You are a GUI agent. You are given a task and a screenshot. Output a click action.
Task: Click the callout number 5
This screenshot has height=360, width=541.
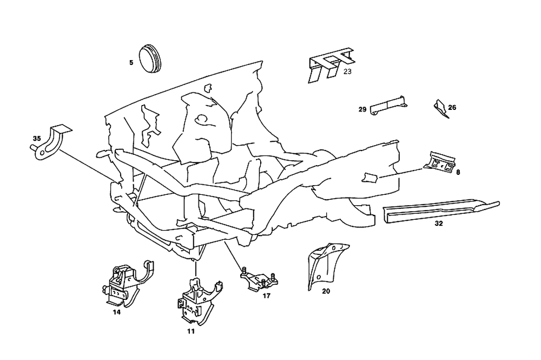pos(131,63)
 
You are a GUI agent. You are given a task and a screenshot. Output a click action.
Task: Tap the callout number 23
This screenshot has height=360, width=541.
pos(347,71)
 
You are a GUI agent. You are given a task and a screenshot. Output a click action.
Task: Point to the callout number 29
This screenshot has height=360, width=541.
pos(362,109)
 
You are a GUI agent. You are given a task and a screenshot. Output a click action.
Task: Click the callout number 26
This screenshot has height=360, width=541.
pos(452,107)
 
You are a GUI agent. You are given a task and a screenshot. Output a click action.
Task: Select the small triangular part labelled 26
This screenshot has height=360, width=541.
pos(440,108)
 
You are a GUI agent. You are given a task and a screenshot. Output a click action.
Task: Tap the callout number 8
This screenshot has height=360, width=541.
pos(458,173)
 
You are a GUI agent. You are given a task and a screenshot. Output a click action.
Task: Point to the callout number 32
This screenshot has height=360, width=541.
pos(439,222)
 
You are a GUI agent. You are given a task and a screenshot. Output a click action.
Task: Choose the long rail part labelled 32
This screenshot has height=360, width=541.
pos(438,210)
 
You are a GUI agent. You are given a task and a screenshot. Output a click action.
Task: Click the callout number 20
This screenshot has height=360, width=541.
pos(326,291)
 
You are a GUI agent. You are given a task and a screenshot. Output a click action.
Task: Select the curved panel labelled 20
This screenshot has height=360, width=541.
pos(324,265)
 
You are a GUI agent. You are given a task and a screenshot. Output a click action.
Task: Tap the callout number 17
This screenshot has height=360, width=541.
pos(266,296)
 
